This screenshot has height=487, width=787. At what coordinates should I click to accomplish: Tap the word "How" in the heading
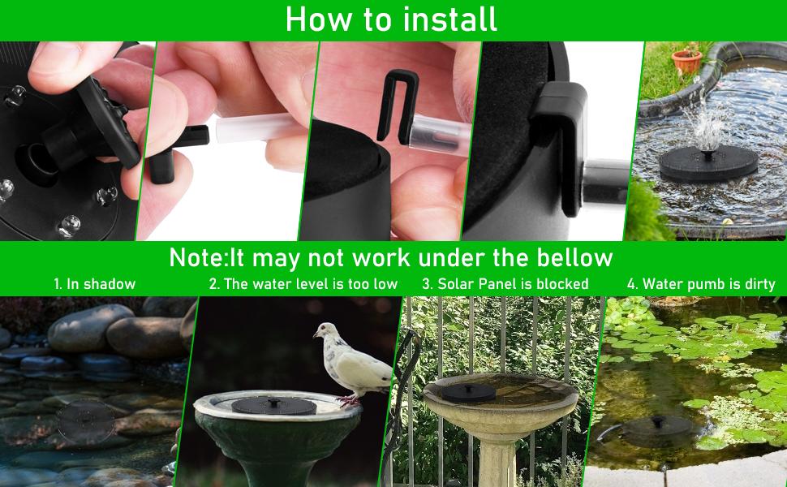(x=319, y=19)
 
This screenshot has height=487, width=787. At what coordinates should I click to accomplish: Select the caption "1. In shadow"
(x=95, y=284)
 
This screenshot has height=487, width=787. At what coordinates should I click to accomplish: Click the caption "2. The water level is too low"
(x=303, y=284)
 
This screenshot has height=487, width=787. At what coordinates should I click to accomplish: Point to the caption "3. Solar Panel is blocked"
(x=505, y=284)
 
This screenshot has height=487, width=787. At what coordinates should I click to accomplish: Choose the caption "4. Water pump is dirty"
(x=701, y=284)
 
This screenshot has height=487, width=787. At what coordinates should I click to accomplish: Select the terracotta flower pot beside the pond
(x=686, y=61)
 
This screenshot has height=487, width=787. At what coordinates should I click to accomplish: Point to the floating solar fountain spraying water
(x=708, y=163)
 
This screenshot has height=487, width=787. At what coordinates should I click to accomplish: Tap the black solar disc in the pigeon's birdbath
(x=273, y=405)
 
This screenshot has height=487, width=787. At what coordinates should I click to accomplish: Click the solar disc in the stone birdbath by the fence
(x=468, y=393)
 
